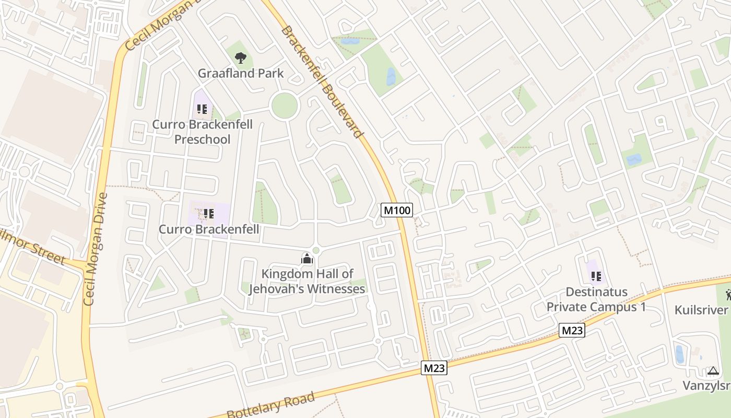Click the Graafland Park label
241,73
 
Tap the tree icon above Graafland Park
240,57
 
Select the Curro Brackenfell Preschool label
202,132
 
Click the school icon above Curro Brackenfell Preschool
202,109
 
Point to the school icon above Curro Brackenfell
209,213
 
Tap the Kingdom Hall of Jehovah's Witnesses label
307,281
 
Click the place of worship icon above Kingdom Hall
306,258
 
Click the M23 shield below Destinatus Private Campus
572,330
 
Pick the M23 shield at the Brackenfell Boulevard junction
434,368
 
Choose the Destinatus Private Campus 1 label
596,299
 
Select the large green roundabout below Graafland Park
285,106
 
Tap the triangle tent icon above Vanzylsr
713,371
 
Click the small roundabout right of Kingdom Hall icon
316,251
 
